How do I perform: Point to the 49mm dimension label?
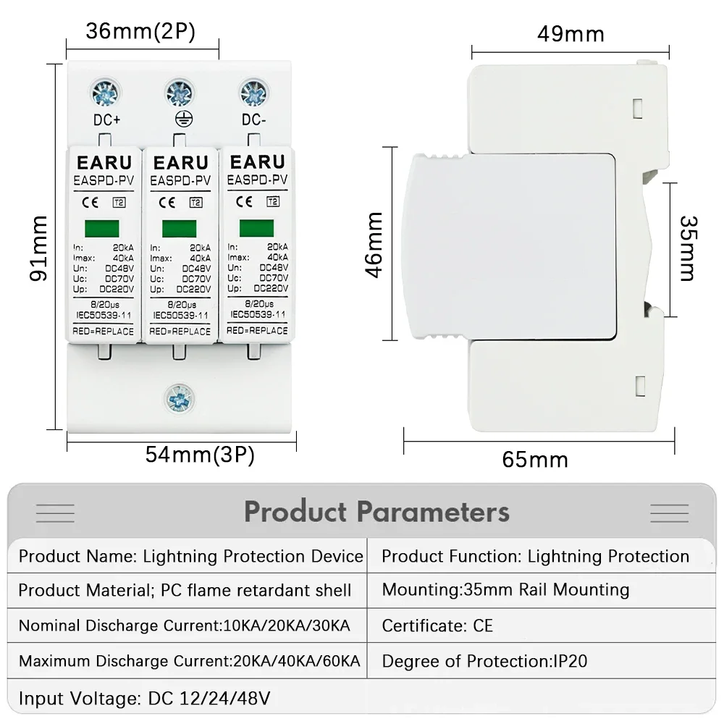(571, 33)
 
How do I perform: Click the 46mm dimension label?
(374, 244)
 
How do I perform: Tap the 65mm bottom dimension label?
(535, 459)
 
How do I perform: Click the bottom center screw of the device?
(179, 396)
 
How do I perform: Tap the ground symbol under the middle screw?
(179, 119)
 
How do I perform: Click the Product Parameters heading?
(376, 512)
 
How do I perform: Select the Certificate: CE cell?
(437, 626)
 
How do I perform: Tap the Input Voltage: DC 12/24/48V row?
(145, 699)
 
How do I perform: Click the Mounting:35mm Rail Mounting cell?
(505, 590)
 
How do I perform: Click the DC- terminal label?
(254, 119)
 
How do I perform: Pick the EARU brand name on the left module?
(104, 162)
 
